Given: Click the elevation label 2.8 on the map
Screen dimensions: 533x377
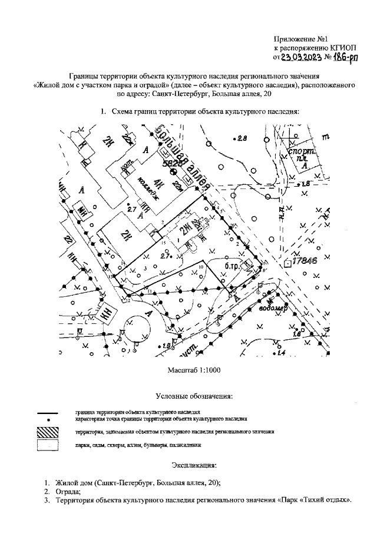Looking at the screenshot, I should point(242,139).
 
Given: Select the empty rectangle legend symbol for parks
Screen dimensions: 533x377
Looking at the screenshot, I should point(47,445).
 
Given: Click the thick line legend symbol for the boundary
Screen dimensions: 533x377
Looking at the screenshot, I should point(47,412).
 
